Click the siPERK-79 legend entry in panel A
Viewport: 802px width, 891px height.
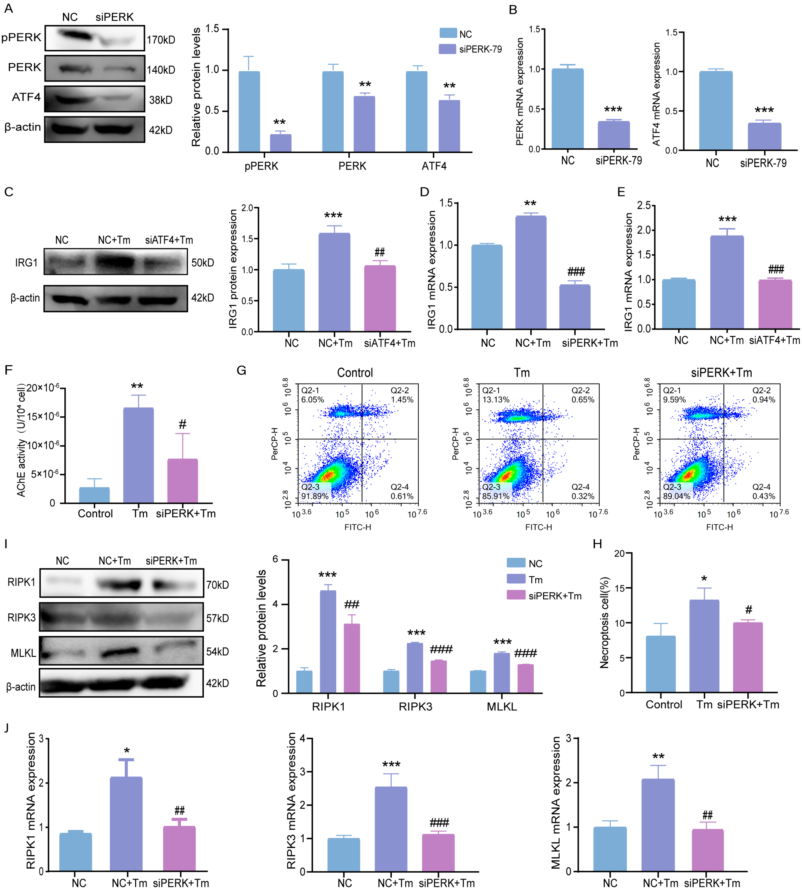tap(470, 49)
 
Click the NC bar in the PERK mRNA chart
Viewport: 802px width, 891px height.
tap(568, 109)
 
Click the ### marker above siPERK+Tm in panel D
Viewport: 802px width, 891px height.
tap(576, 271)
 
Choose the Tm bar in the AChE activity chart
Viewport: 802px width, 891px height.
tap(138, 455)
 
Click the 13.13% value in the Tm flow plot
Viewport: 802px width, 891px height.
tap(496, 400)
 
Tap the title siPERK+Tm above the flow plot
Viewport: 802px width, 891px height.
tap(721, 373)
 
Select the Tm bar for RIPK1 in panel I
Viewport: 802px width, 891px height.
tap(328, 642)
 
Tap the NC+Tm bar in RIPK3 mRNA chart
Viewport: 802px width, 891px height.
tap(391, 828)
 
